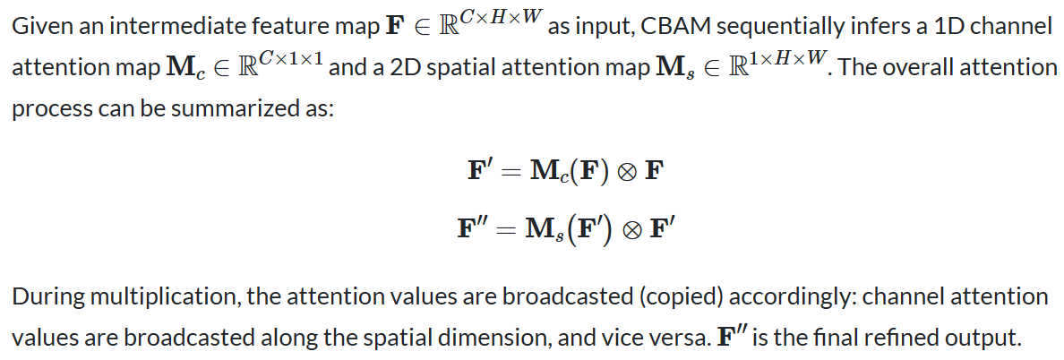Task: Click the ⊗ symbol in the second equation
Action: (636, 228)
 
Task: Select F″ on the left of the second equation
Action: (473, 228)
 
